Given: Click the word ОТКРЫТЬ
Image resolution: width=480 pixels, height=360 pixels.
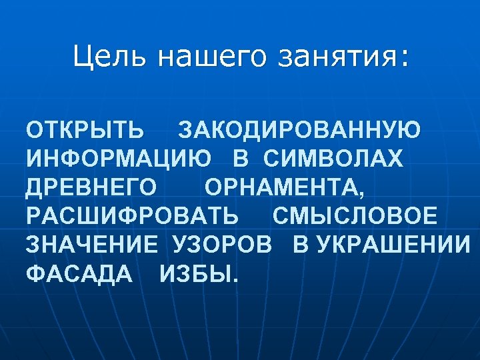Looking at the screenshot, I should tap(84, 129).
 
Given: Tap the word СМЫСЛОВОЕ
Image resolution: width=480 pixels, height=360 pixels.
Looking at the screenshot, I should tap(355, 217).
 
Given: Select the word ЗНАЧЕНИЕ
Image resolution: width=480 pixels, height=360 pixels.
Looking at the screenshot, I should tap(92, 245).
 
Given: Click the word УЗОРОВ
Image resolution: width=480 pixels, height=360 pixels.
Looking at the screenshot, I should tap(222, 245).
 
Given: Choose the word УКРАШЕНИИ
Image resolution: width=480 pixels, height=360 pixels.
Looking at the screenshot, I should tap(393, 245).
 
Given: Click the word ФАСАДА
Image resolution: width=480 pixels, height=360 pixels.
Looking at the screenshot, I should tap(79, 274).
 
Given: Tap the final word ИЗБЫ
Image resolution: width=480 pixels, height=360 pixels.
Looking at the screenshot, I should tap(198, 274).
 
